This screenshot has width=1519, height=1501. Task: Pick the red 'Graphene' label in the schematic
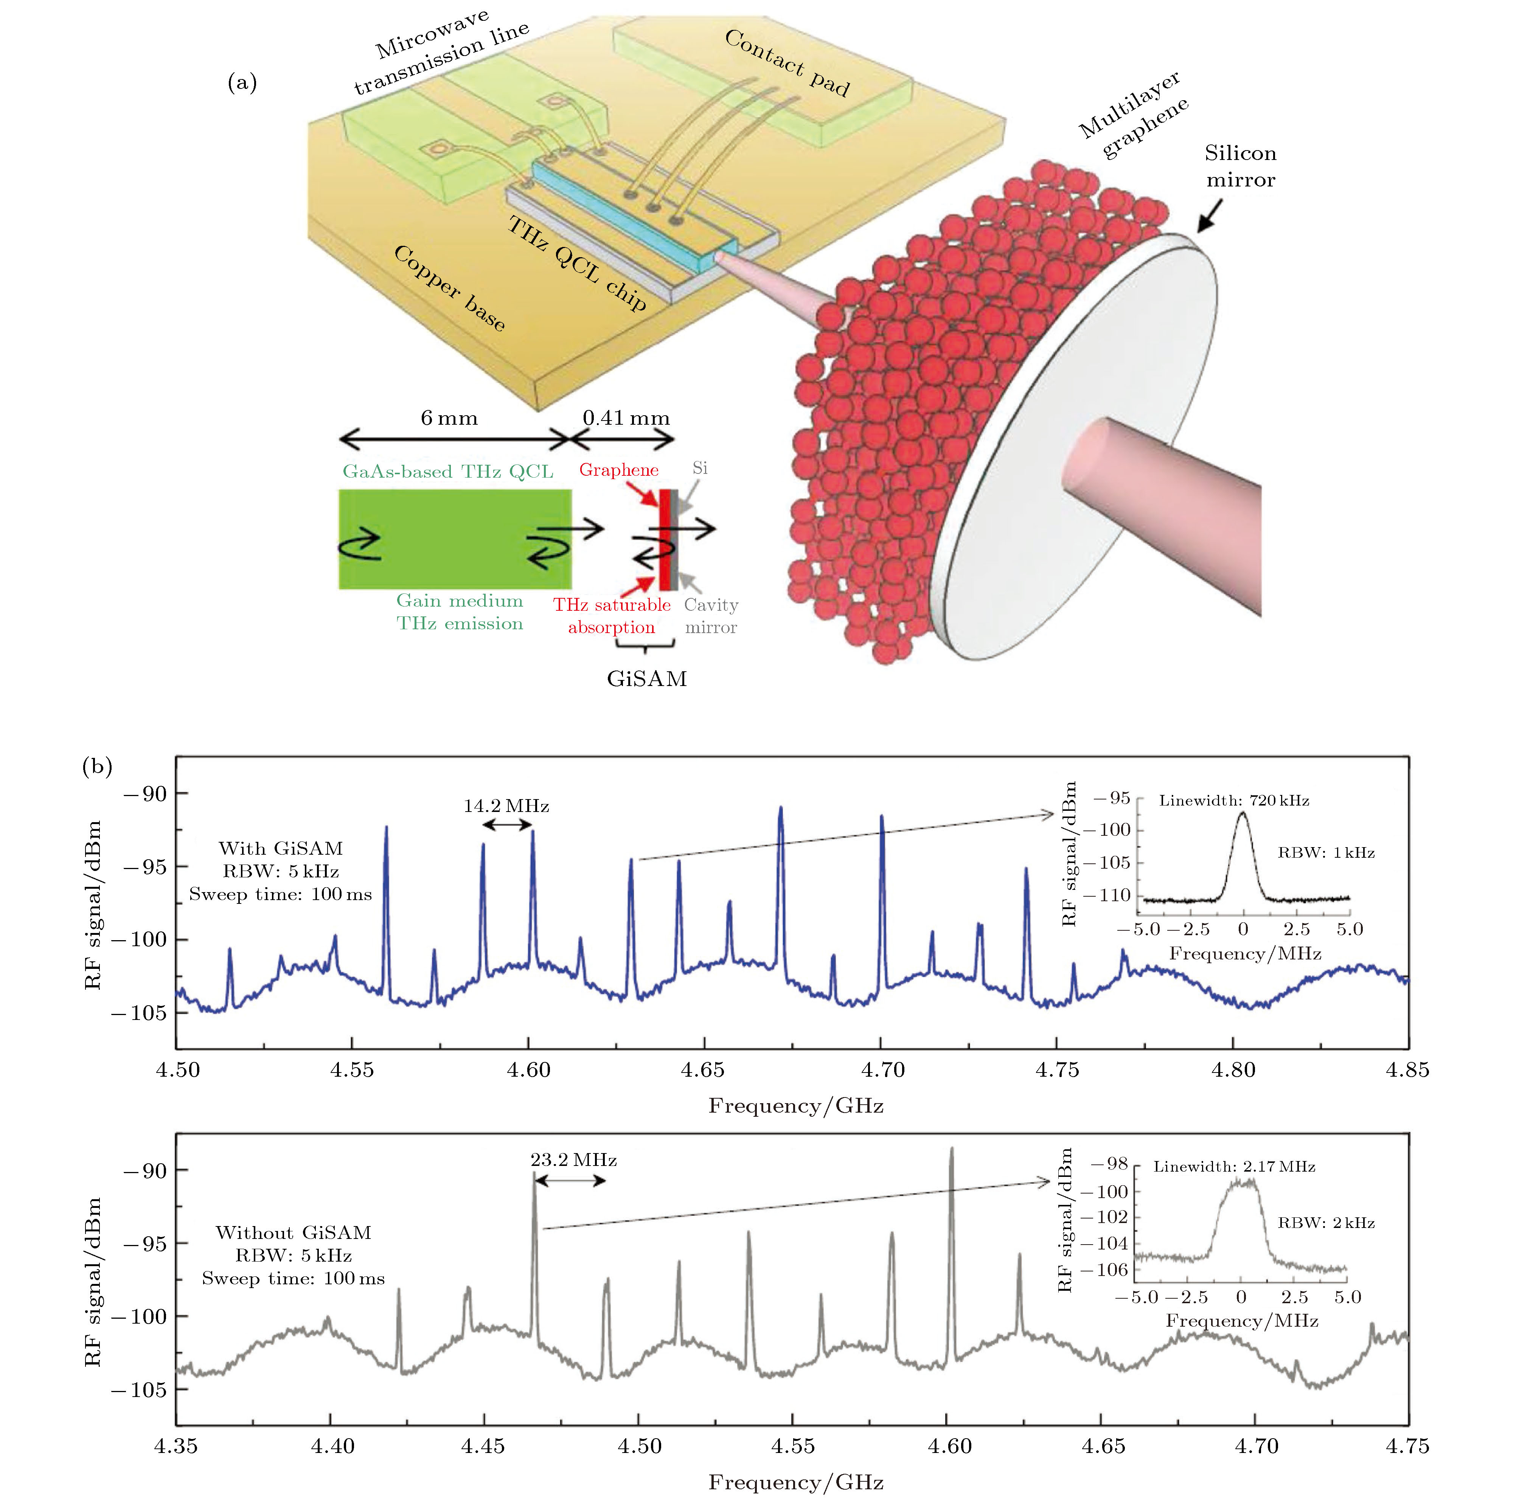coord(619,470)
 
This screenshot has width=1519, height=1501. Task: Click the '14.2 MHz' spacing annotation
coord(506,806)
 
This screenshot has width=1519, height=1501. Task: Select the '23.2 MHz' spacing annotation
coord(573,1160)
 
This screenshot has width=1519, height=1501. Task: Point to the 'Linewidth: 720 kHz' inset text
coord(1233,801)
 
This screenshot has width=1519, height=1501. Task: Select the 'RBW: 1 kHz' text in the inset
coord(1326,853)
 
